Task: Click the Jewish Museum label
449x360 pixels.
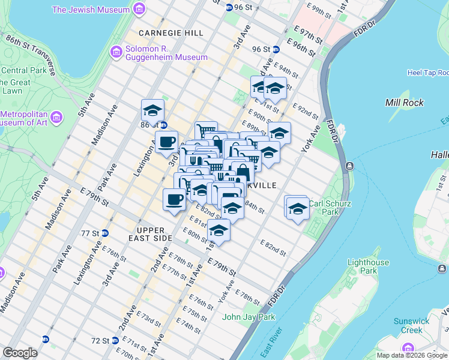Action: coord(91,10)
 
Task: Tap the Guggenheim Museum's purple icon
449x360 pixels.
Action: coord(116,53)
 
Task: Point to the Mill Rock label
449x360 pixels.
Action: coord(404,103)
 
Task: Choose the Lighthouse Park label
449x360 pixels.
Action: coord(368,266)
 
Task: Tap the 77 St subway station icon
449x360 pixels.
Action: coord(105,233)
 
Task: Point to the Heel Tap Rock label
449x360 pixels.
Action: coord(427,73)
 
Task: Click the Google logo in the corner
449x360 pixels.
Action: coord(20,353)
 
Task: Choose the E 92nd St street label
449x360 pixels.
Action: coord(306,111)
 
